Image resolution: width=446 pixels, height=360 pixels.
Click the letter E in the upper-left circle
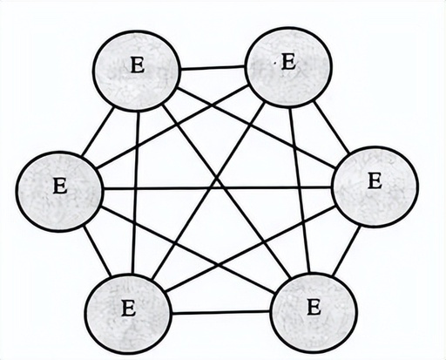click(138, 65)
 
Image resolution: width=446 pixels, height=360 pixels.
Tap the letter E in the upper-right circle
click(289, 62)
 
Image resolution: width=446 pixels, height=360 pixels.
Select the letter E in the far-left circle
click(60, 186)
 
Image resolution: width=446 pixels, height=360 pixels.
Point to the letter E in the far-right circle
click(375, 180)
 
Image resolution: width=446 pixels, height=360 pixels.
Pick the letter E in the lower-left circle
click(128, 309)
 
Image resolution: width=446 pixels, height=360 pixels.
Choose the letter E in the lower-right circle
click(314, 308)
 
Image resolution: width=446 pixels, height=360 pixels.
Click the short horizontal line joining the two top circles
click(213, 68)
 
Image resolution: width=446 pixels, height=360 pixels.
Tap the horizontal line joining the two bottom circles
click(220, 313)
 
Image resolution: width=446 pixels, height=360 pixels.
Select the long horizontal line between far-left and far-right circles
click(217, 188)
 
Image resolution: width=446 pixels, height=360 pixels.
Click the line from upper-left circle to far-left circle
click(98, 132)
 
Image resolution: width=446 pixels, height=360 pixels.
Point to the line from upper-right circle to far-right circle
click(332, 127)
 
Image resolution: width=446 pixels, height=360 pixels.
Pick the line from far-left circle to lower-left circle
click(98, 250)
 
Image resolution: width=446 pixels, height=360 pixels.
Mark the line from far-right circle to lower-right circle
click(347, 250)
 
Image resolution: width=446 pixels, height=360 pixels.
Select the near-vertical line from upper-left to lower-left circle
click(136, 193)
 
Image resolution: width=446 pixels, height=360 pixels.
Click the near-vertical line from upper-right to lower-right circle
click(300, 190)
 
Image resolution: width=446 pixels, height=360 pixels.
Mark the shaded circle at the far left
click(59, 191)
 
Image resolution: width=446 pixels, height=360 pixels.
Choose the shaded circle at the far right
click(375, 187)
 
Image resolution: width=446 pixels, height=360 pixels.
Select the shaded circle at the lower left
click(129, 313)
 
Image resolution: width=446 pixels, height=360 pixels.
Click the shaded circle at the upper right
click(288, 67)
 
